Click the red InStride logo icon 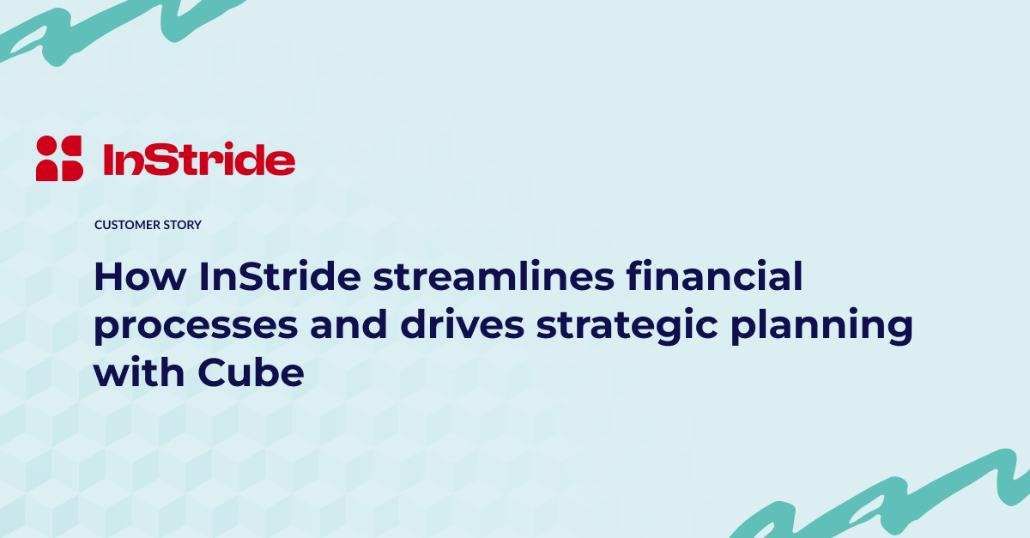(x=59, y=158)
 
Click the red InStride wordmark (x=199, y=160)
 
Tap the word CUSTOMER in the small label (x=127, y=225)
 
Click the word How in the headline (x=140, y=276)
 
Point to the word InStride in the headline (x=280, y=276)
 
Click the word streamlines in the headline (x=494, y=276)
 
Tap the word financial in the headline (x=714, y=276)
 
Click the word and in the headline (x=348, y=323)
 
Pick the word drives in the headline (x=462, y=323)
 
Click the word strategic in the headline (x=627, y=326)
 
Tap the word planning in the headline (x=821, y=326)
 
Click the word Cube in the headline (x=251, y=371)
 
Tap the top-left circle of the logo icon (x=46, y=145)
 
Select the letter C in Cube (x=214, y=372)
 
